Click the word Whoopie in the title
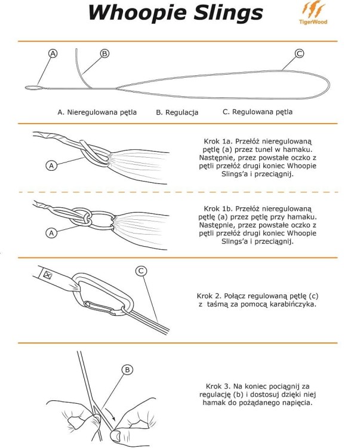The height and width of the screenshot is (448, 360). pyautogui.click(x=138, y=13)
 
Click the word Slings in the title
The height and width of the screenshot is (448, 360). pyautogui.click(x=228, y=13)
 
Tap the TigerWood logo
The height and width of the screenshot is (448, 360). pyautogui.click(x=313, y=13)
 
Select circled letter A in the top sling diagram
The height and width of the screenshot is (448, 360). pyautogui.click(x=53, y=53)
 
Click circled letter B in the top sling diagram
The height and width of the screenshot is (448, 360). pyautogui.click(x=104, y=53)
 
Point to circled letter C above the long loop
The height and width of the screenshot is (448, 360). pyautogui.click(x=299, y=53)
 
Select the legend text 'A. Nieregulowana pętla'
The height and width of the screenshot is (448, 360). pyautogui.click(x=97, y=112)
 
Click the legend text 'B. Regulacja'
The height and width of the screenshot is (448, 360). pyautogui.click(x=177, y=112)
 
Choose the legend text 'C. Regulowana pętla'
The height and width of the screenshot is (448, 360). pyautogui.click(x=257, y=112)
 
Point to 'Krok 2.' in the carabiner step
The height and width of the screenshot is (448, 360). pyautogui.click(x=209, y=296)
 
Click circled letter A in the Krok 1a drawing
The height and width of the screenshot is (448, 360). pyautogui.click(x=51, y=165)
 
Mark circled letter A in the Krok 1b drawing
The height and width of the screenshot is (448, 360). pyautogui.click(x=51, y=233)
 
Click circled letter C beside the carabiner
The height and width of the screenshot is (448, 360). pyautogui.click(x=141, y=271)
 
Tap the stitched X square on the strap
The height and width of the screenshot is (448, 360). pyautogui.click(x=47, y=275)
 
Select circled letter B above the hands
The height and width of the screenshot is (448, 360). pyautogui.click(x=127, y=370)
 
